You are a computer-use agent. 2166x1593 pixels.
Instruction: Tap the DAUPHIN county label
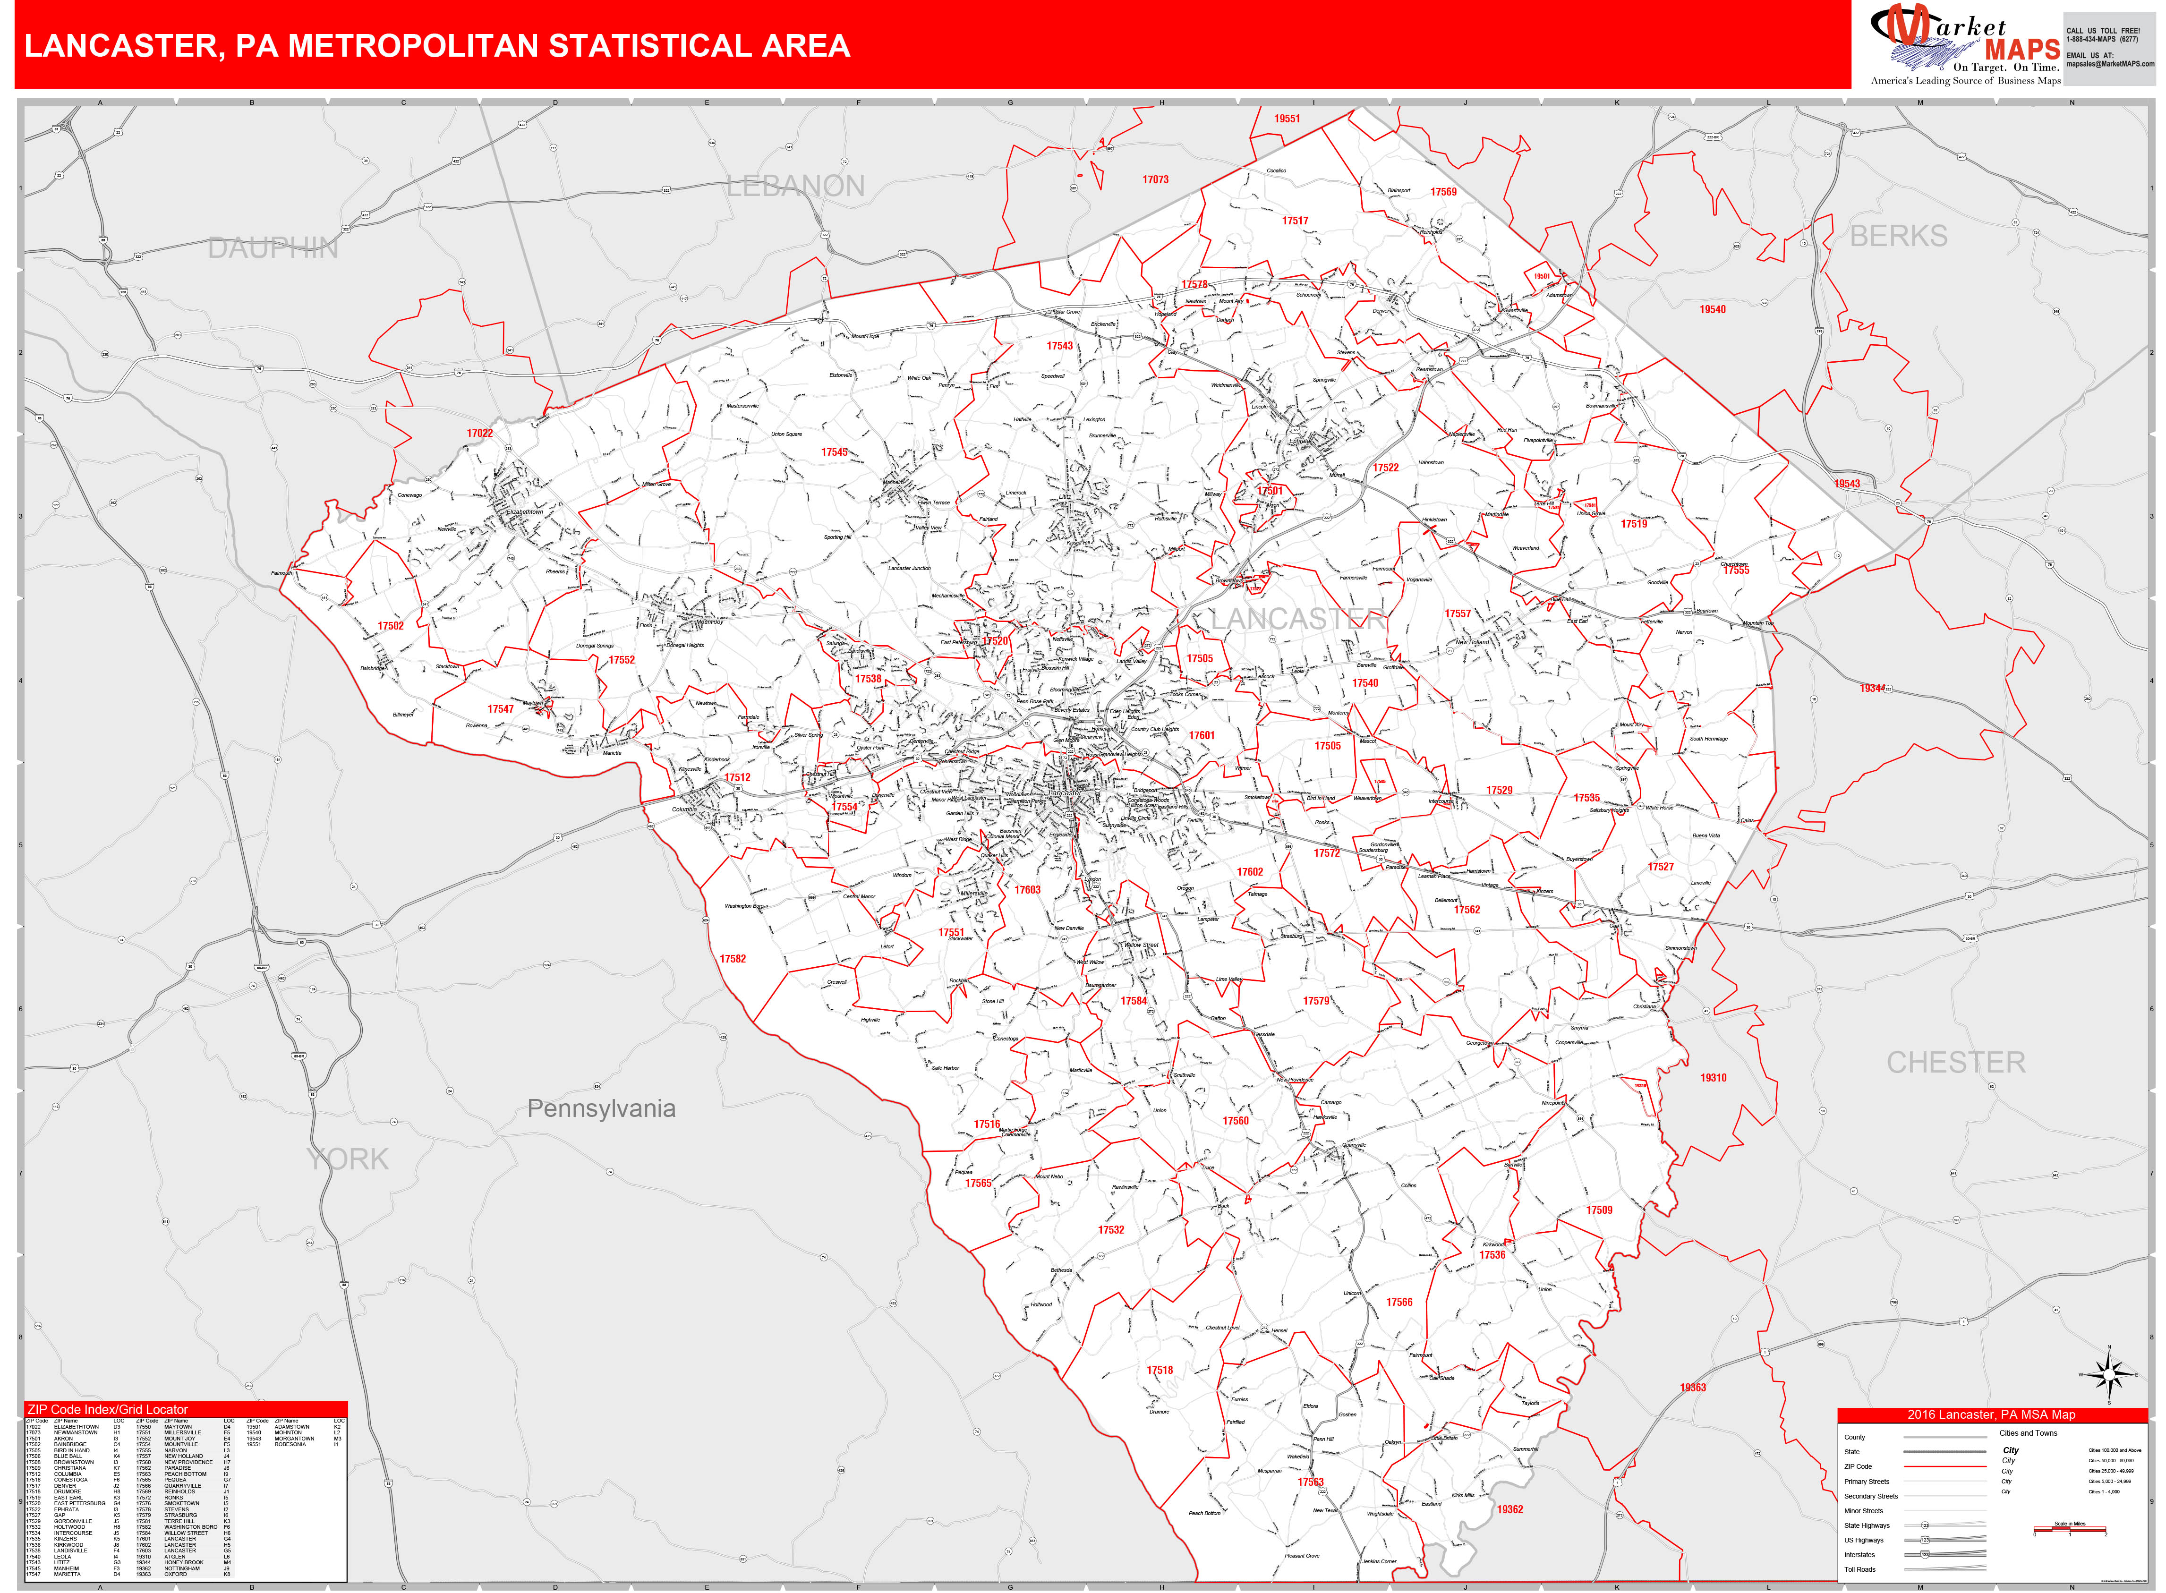[273, 249]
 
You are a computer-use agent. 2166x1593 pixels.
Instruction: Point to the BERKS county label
[1898, 236]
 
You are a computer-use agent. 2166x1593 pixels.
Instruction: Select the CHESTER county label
[1955, 1063]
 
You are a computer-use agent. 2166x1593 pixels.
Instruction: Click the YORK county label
[347, 1159]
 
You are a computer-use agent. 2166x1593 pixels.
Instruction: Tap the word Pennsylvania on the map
[601, 1109]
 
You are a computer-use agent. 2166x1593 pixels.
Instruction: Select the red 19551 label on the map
[1287, 119]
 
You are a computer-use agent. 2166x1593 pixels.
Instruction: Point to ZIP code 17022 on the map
[479, 433]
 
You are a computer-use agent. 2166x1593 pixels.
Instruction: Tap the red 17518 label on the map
[1159, 1369]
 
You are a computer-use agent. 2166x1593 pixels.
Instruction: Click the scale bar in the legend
[2070, 1530]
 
